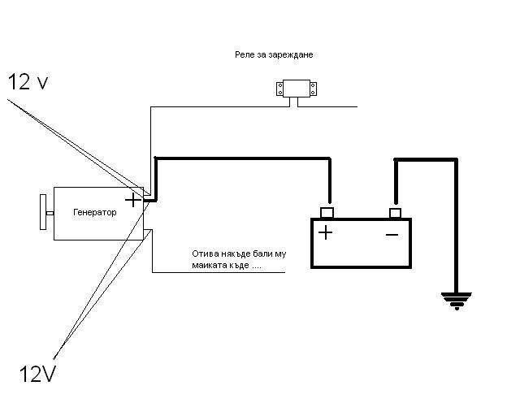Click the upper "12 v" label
29,82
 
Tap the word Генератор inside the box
94,213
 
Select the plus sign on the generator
132,198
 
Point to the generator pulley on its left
42,213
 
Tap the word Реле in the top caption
243,54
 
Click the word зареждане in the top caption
291,54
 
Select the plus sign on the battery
325,233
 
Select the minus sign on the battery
392,234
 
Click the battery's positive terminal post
327,213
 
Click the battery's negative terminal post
395,213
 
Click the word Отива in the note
205,253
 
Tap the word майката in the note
209,265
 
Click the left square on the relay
281,90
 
